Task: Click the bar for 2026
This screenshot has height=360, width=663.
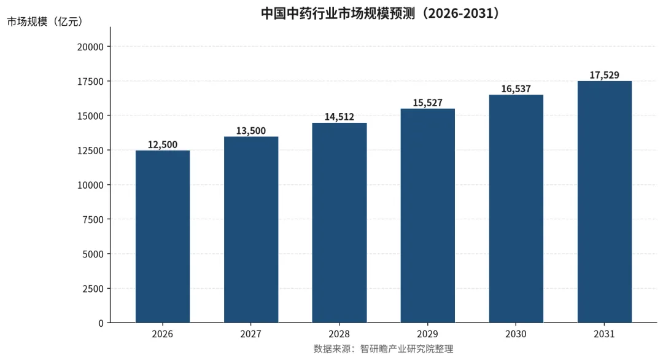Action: click(163, 237)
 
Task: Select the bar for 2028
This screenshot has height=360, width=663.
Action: click(339, 223)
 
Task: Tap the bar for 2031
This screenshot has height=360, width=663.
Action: click(605, 202)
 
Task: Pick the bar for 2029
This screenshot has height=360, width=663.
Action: click(428, 216)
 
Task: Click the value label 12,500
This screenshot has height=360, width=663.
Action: click(163, 145)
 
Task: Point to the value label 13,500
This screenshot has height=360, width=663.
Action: click(251, 131)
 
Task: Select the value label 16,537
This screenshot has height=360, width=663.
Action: click(516, 89)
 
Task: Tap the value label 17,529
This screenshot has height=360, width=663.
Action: click(605, 76)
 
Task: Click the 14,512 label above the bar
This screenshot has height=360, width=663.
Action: click(339, 117)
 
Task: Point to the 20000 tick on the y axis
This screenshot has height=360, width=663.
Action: click(90, 47)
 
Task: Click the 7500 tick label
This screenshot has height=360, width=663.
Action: click(93, 219)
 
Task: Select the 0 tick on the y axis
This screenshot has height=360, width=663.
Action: click(101, 323)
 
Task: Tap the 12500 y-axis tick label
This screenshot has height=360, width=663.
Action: click(90, 151)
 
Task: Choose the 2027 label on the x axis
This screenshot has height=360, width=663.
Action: click(251, 334)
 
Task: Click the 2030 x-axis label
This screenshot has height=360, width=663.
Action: click(516, 334)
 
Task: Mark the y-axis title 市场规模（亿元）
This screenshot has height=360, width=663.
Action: click(45, 22)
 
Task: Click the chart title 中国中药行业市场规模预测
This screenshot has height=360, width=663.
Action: click(337, 13)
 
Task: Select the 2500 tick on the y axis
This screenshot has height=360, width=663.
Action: click(93, 289)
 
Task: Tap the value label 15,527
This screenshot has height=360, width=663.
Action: click(428, 103)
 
